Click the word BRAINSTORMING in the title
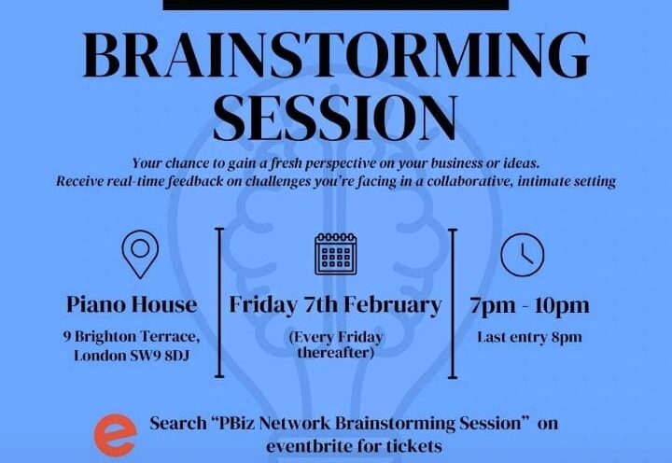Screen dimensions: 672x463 click(336, 54)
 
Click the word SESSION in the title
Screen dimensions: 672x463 click(336, 118)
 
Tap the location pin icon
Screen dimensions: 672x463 click(140, 254)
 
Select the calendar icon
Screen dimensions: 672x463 click(336, 254)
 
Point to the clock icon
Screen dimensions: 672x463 click(523, 255)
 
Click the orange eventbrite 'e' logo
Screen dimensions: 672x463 click(116, 435)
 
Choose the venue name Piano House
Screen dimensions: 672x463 click(132, 304)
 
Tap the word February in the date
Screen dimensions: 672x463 click(392, 305)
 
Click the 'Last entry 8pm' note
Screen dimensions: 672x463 click(530, 337)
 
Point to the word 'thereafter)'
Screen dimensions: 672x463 click(336, 353)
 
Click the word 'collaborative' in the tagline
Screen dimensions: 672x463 click(470, 181)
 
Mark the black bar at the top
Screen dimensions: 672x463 click(336, 5)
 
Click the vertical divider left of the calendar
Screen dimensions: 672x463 click(219, 302)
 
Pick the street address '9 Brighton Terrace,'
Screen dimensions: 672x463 click(132, 337)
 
